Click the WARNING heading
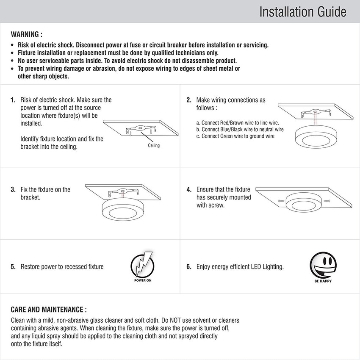pos(26,34)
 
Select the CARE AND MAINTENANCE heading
pos(49,310)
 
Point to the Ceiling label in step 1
pos(154,146)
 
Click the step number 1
pos(13,100)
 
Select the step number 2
pos(189,100)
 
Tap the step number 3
pos(13,189)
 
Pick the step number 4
pos(189,189)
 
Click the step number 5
pos(13,267)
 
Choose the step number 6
pos(189,267)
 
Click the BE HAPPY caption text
pos(323,281)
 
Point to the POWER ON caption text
pos(142,281)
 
